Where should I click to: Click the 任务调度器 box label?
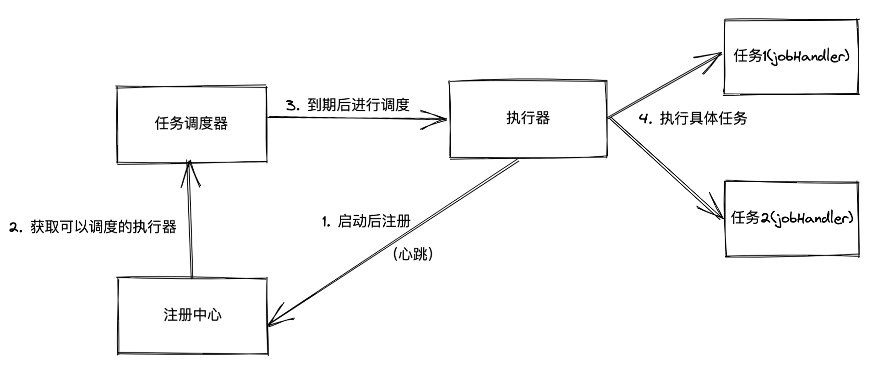click(x=191, y=123)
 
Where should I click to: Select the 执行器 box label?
click(x=528, y=118)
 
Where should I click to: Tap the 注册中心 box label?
click(x=192, y=315)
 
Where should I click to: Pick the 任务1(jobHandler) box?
click(x=791, y=56)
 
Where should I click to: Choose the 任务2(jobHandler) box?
click(x=792, y=218)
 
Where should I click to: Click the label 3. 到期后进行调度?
click(x=348, y=105)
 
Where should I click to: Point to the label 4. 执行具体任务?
click(x=693, y=119)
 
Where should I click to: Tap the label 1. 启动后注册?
click(x=366, y=221)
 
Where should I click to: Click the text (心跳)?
click(x=413, y=254)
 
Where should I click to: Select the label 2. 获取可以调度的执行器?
click(x=93, y=227)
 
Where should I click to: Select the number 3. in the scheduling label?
click(x=292, y=105)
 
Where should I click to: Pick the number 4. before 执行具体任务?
click(x=645, y=119)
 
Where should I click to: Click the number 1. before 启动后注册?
click(x=326, y=222)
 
